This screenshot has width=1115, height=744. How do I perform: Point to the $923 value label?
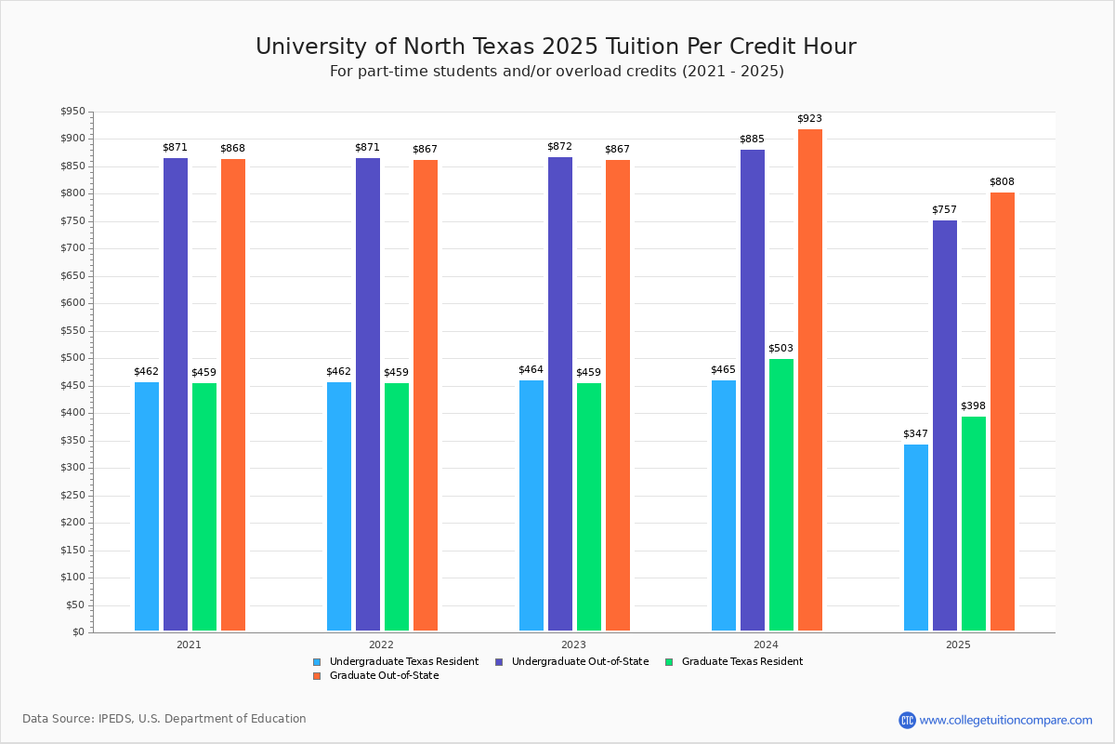(x=809, y=119)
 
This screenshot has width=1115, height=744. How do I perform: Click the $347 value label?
(x=915, y=434)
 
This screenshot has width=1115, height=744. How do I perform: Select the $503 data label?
(x=780, y=349)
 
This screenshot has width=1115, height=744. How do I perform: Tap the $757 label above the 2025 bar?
(x=944, y=210)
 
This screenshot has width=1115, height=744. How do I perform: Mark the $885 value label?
(x=752, y=139)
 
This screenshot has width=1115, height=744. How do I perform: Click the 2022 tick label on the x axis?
(x=381, y=644)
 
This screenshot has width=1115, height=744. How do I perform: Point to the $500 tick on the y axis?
(x=72, y=358)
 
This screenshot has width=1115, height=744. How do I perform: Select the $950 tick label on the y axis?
(x=72, y=112)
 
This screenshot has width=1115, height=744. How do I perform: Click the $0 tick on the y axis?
(x=77, y=632)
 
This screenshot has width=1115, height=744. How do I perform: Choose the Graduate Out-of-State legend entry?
(x=384, y=676)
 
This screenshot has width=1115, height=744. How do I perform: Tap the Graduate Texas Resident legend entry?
(x=741, y=662)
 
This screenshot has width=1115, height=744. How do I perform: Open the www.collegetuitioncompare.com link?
(x=1005, y=720)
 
